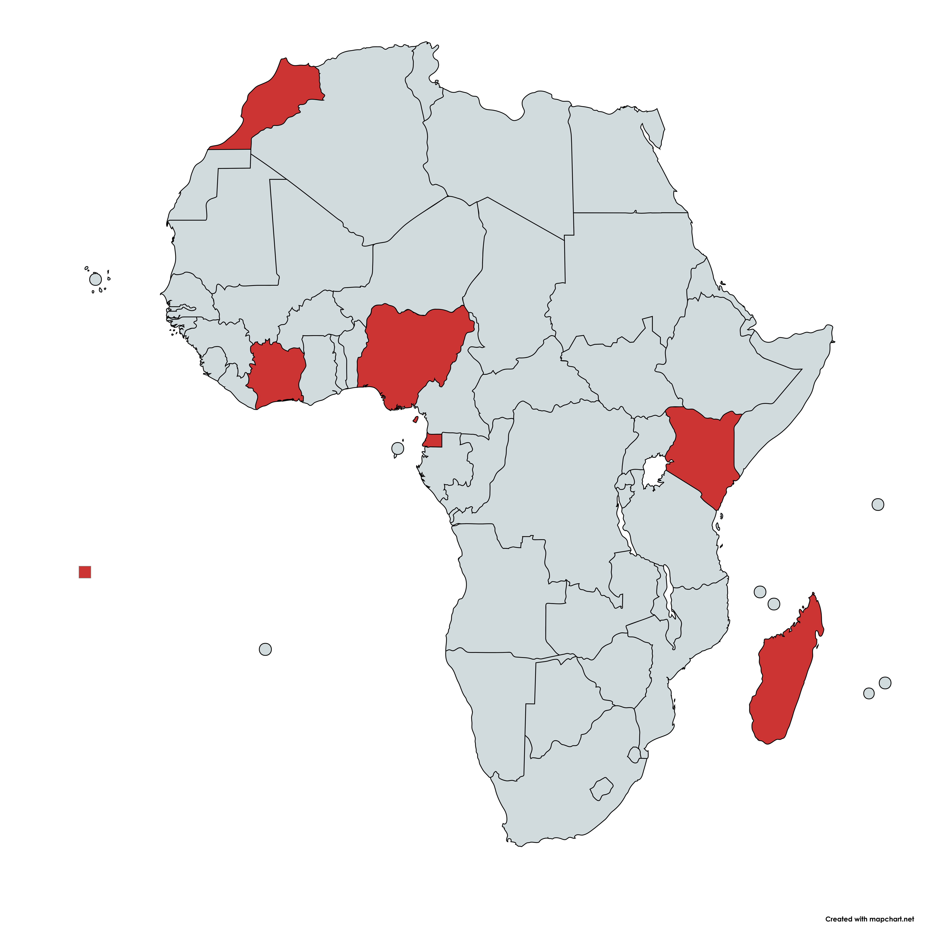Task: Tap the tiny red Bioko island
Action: pyautogui.click(x=415, y=420)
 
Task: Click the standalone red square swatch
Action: pyautogui.click(x=85, y=572)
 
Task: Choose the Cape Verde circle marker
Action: pyautogui.click(x=95, y=279)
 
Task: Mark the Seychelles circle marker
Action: pyautogui.click(x=878, y=504)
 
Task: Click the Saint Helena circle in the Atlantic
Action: pyautogui.click(x=265, y=649)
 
